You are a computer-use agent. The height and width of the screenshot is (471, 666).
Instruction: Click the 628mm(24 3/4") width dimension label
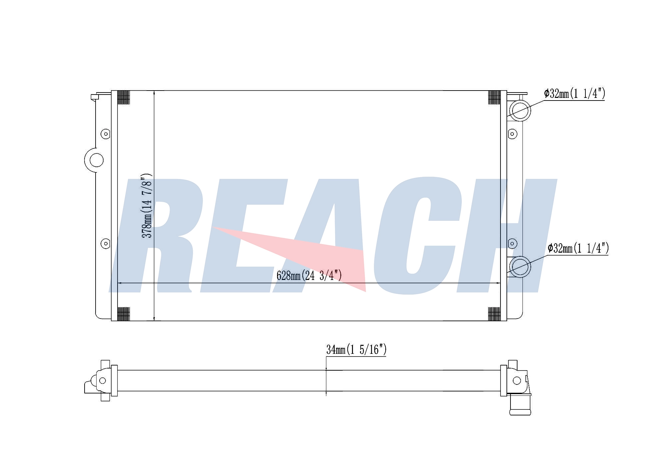tap(309, 276)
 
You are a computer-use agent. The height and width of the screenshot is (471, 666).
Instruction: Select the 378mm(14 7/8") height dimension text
tap(147, 206)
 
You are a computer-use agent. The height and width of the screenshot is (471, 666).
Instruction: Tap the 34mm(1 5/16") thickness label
tap(356, 350)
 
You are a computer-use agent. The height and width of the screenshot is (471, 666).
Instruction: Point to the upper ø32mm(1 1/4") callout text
tap(574, 94)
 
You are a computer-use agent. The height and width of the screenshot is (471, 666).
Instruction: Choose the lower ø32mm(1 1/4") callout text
tap(578, 248)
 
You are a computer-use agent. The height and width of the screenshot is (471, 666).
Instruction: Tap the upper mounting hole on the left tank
tap(106, 134)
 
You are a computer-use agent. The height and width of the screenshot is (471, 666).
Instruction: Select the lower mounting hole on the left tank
tap(106, 244)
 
